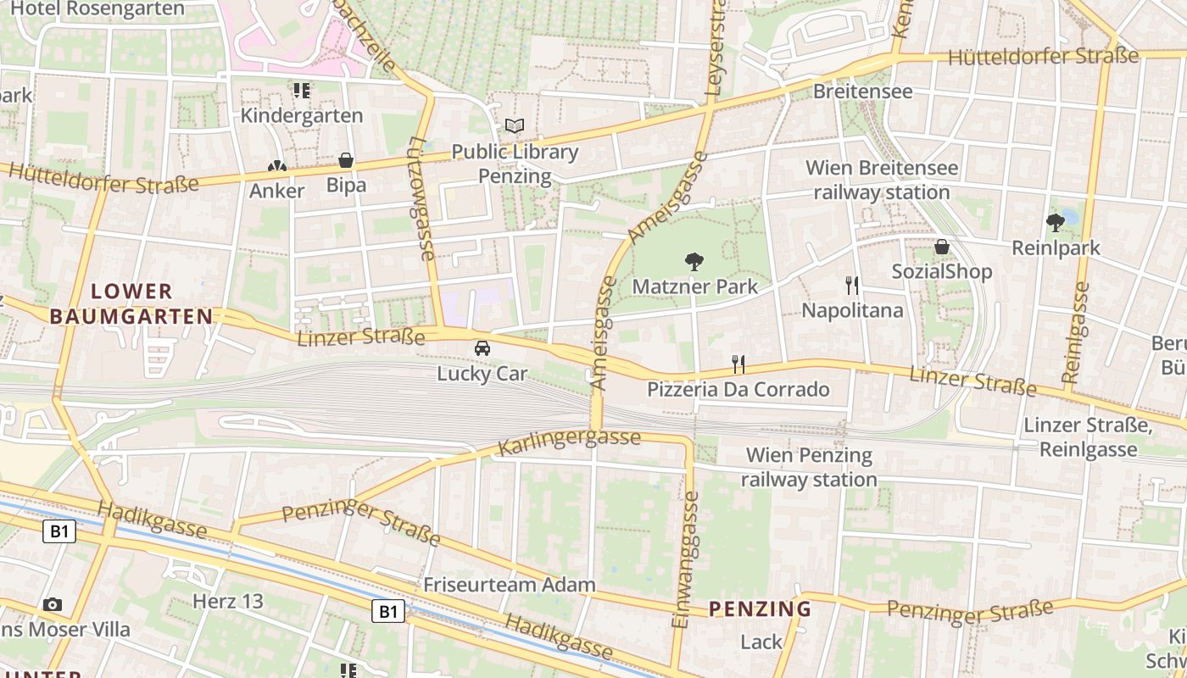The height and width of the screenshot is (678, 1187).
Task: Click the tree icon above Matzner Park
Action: point(694,261)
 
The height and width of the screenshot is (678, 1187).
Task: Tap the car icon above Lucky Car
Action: point(482,348)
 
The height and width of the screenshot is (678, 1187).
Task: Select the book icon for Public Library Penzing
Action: point(515,126)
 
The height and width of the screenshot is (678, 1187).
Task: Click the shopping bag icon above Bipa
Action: point(346,160)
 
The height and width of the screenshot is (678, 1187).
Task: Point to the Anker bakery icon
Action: point(276,167)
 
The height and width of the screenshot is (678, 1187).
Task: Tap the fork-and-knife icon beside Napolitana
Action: point(852,286)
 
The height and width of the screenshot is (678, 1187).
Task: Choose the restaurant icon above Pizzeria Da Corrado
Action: point(738,364)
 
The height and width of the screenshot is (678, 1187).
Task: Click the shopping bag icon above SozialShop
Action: point(941,247)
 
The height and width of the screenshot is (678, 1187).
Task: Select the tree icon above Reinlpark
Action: point(1056,223)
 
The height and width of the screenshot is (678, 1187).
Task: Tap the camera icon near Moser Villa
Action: point(53,604)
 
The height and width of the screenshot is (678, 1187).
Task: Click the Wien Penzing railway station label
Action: point(808,467)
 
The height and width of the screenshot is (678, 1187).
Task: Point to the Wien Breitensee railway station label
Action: point(882,180)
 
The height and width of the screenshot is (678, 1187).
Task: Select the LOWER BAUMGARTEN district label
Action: point(131,304)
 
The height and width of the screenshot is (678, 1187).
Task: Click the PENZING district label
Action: point(760,609)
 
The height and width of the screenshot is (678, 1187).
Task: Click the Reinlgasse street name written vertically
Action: point(1078,332)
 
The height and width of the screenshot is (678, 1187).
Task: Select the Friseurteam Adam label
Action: point(509,585)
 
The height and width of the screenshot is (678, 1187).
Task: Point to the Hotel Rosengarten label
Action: point(98,9)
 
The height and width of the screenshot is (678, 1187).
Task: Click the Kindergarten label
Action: point(302,115)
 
